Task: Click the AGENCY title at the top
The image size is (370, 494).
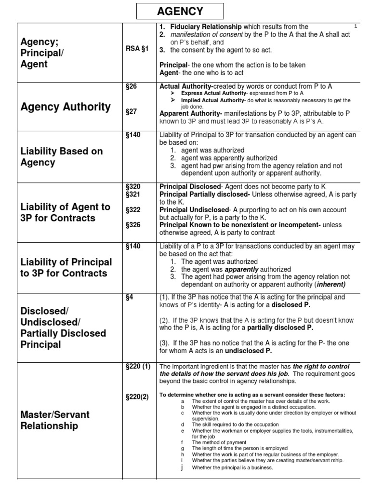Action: pos(181,12)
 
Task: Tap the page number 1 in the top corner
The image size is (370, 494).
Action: pos(356,27)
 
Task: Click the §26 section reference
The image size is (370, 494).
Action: pos(131,86)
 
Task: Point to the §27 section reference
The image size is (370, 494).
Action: pos(131,111)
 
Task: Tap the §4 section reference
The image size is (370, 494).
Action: pos(129,298)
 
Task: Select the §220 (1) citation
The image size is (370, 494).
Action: pos(137,367)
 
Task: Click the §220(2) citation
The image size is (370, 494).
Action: pos(136,396)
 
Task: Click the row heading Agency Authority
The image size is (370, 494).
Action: pos(66,107)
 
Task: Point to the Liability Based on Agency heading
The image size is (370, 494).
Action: pos(62,157)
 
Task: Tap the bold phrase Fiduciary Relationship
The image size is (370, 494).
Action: pos(206,27)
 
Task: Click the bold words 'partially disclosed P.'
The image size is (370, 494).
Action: pos(280,328)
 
